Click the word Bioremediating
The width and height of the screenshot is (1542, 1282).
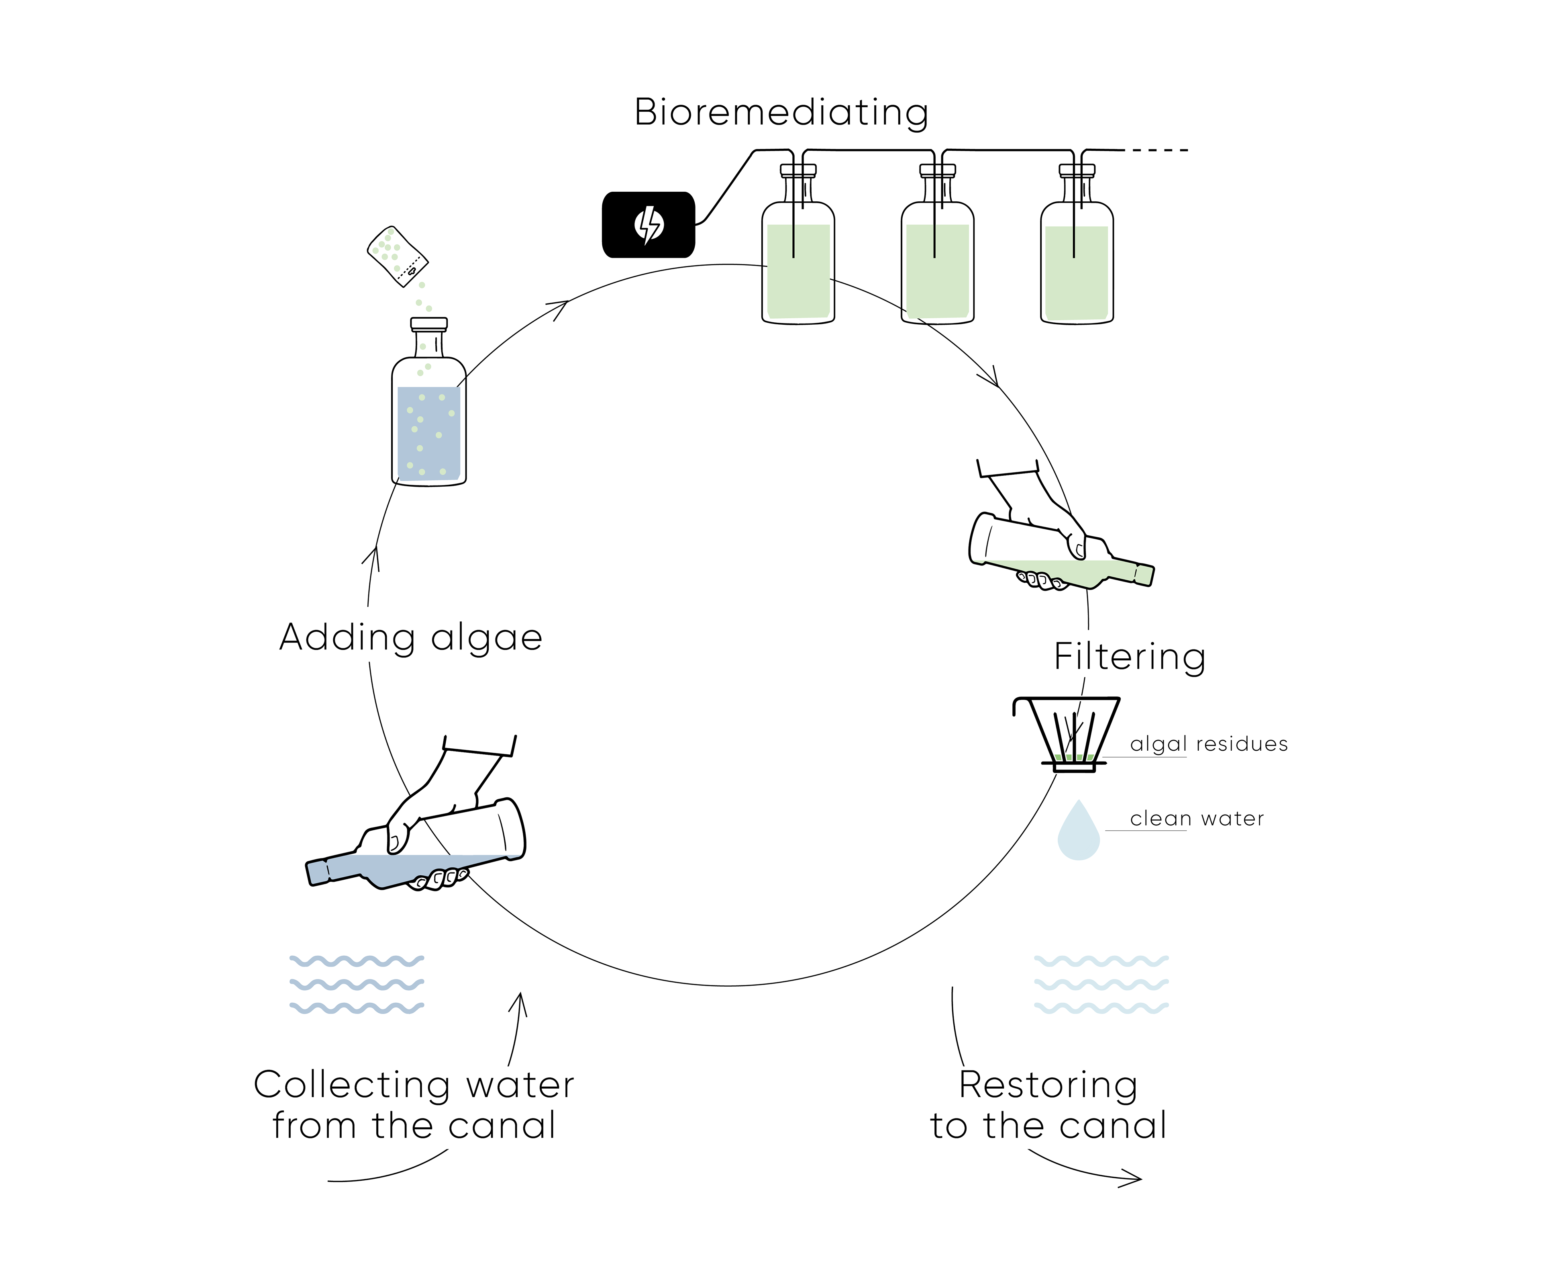[x=781, y=113]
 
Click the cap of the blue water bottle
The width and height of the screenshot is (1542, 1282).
[x=429, y=323]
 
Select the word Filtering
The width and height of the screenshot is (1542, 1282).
[x=1129, y=656]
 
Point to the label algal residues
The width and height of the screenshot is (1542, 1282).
[x=1209, y=744]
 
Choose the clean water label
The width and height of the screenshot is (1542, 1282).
[x=1197, y=818]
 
